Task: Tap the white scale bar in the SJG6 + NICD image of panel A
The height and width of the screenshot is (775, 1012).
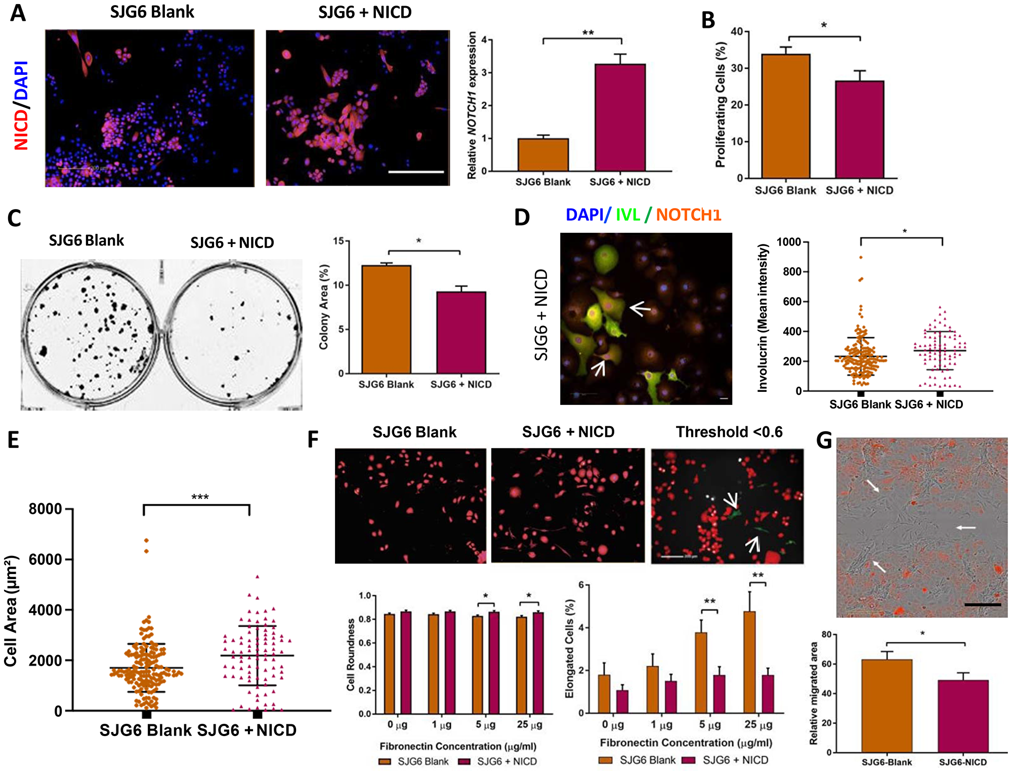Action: coord(416,172)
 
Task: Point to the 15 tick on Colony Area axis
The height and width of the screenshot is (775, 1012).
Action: coord(338,241)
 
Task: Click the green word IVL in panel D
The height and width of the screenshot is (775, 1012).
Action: coord(628,215)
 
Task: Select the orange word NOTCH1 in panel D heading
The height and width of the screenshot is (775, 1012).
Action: coord(688,215)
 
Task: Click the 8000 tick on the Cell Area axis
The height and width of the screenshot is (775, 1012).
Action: coord(46,509)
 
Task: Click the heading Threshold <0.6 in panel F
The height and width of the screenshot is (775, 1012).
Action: coord(729,432)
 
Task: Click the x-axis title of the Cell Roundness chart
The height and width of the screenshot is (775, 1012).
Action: coord(457,746)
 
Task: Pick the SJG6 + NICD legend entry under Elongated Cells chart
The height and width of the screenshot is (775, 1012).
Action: coord(726,760)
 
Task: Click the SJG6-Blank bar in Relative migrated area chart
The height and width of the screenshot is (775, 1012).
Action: coord(887,706)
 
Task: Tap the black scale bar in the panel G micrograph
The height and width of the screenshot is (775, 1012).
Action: coord(982,604)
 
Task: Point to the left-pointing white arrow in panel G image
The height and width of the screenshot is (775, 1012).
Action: coord(965,528)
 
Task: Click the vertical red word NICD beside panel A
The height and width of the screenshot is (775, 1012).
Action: coord(21,130)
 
